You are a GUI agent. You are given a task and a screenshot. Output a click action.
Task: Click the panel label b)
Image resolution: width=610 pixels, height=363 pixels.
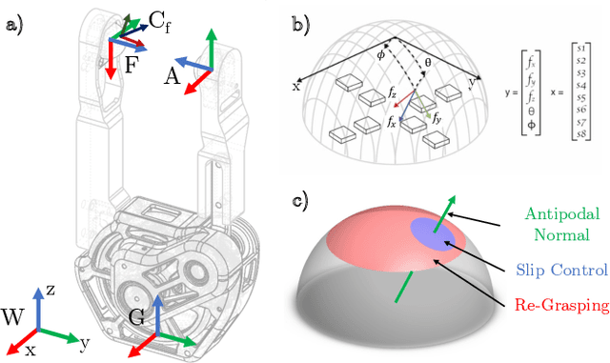pos(301,26)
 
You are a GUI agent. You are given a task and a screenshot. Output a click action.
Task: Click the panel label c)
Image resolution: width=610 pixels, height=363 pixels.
pos(301,201)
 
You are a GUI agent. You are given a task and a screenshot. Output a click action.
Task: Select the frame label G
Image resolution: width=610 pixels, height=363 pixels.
pos(137,317)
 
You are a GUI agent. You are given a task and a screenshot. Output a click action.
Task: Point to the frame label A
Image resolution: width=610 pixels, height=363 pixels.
pos(172,77)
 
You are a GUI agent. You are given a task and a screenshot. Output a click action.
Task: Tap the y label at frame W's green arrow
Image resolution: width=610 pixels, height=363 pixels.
pos(85,340)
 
